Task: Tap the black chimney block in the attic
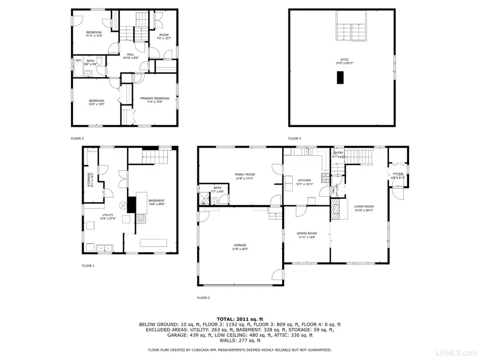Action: coord(340,78)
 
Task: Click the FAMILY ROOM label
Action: coord(245,174)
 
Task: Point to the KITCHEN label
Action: coord(304,180)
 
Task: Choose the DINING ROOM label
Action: coord(307,233)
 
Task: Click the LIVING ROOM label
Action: coord(364,206)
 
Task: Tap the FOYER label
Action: coord(398,174)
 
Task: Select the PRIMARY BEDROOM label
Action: coord(155,98)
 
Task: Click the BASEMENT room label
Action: coord(156,201)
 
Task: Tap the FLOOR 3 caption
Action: coord(77,138)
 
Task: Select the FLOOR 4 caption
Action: coord(294,138)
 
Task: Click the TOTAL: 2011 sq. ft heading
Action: coord(239,318)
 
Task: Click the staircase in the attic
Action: coord(350,27)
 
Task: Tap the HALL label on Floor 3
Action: coord(130,54)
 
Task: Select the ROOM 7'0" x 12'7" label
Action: coord(163,35)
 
